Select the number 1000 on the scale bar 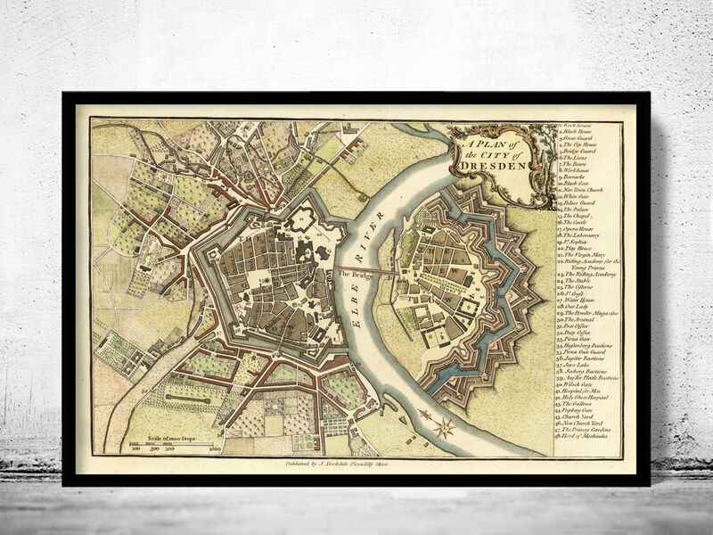pyautogui.click(x=214, y=450)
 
